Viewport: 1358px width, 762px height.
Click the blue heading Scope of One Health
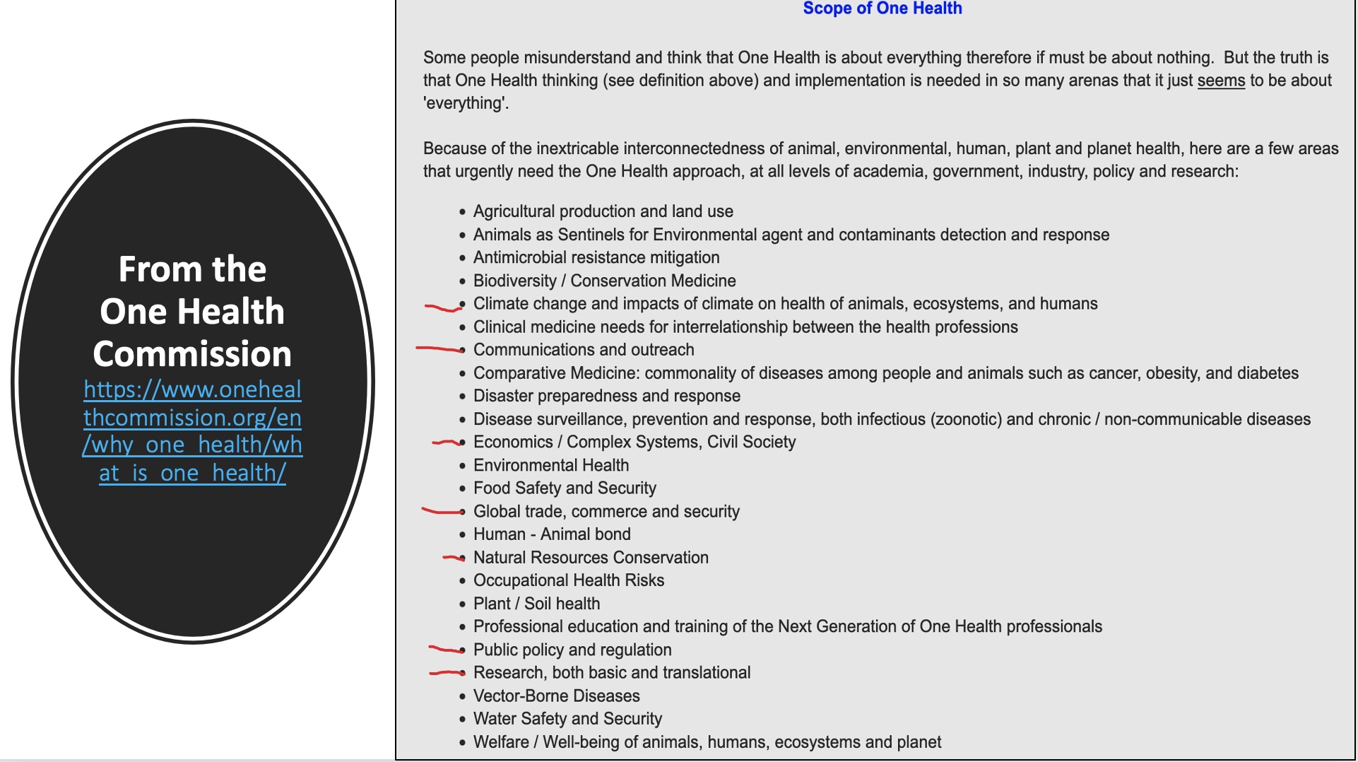[882, 8]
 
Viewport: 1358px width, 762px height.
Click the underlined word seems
[1220, 81]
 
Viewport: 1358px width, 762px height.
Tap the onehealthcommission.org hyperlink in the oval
[192, 430]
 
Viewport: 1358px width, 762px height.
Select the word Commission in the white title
[192, 353]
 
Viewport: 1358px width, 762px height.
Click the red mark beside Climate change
[442, 307]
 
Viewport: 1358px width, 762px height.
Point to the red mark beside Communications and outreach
[438, 348]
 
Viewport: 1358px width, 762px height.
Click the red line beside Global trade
[441, 511]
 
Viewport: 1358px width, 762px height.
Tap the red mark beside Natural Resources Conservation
[452, 558]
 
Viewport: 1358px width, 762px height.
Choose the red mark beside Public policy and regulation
[444, 649]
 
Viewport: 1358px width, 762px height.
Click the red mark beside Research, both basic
[445, 673]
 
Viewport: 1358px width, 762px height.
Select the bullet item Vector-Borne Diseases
[556, 696]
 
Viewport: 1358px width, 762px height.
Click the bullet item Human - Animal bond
[551, 534]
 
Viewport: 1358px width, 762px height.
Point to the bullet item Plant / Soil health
[536, 604]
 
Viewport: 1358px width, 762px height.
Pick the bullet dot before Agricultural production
[462, 212]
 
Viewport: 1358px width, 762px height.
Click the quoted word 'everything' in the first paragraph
[465, 103]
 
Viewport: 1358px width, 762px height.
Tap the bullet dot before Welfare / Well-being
[462, 743]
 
